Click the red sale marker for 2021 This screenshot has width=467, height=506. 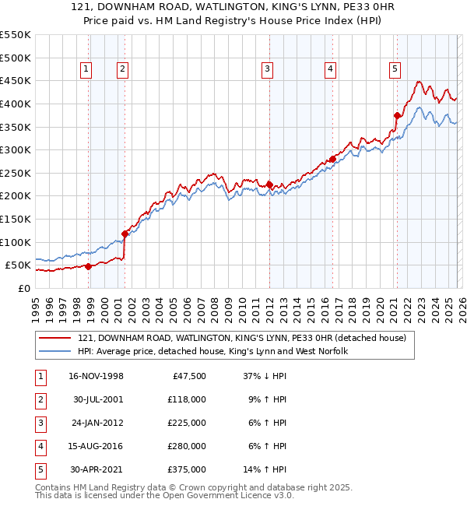pyautogui.click(x=397, y=115)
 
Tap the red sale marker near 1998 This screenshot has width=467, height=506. pyautogui.click(x=88, y=266)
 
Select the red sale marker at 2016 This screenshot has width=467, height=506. pyautogui.click(x=332, y=159)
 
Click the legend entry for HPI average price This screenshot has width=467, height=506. pyautogui.click(x=212, y=352)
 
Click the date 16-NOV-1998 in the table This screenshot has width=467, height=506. pyautogui.click(x=96, y=376)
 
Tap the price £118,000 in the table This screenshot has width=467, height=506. pyautogui.click(x=187, y=399)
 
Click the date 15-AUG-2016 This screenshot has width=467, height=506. pyautogui.click(x=96, y=446)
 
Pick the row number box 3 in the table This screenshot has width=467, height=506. pyautogui.click(x=40, y=423)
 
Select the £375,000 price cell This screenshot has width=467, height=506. pyautogui.click(x=187, y=469)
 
